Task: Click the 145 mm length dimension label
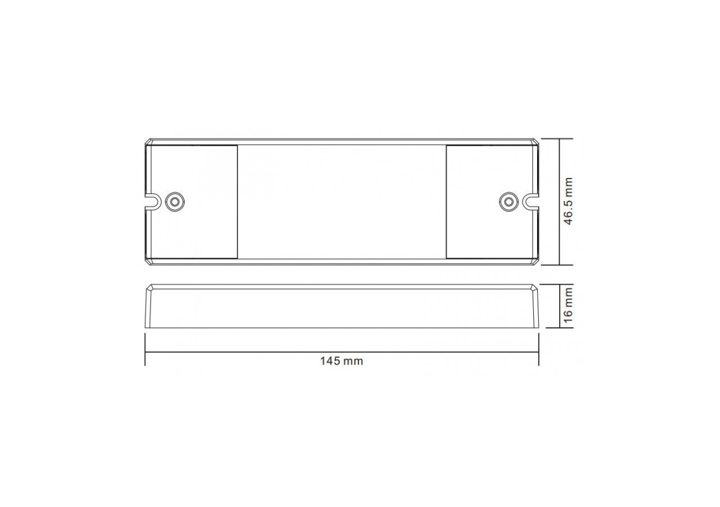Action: pyautogui.click(x=341, y=361)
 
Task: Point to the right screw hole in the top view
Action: pyautogui.click(x=508, y=201)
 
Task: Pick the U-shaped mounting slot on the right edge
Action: pyautogui.click(x=530, y=201)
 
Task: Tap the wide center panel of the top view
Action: pyautogui.click(x=341, y=202)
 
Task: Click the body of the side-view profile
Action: pyautogui.click(x=341, y=308)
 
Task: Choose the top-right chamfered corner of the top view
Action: pyautogui.click(x=536, y=141)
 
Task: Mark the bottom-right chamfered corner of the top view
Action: pyautogui.click(x=536, y=261)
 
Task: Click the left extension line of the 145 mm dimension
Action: pyautogui.click(x=145, y=349)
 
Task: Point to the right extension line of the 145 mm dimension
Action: pyautogui.click(x=539, y=349)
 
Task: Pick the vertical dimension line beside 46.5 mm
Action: pyautogui.click(x=559, y=169)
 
